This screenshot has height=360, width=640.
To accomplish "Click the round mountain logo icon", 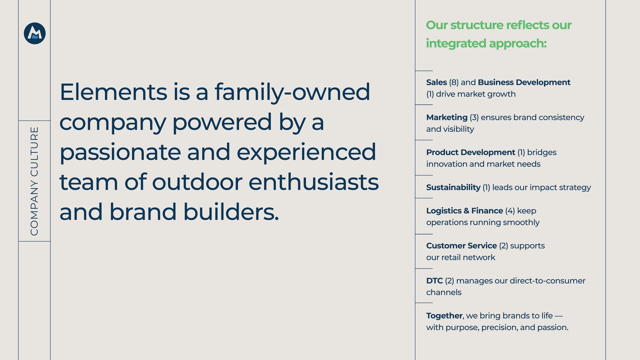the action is [35, 33].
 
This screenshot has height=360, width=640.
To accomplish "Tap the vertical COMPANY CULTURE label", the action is [34, 181].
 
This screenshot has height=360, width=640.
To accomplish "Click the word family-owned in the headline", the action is [292, 92].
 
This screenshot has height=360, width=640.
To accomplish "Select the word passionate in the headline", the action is [120, 152].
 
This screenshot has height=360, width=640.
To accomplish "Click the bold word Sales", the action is [436, 82].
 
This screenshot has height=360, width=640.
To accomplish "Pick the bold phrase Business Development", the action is [524, 82].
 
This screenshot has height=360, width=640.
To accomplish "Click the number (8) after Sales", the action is [454, 82].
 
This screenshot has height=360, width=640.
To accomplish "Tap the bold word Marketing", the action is [447, 118].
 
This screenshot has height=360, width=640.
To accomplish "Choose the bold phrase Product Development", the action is [471, 152].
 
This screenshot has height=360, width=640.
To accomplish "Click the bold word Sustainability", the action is [453, 188].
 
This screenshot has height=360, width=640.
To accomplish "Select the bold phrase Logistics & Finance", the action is [465, 211].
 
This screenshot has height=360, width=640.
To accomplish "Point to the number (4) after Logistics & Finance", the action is [510, 211].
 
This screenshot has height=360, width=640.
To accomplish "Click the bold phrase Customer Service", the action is [461, 246].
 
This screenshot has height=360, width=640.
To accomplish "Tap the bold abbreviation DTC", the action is [434, 281].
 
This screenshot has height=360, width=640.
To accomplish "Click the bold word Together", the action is [444, 316].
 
